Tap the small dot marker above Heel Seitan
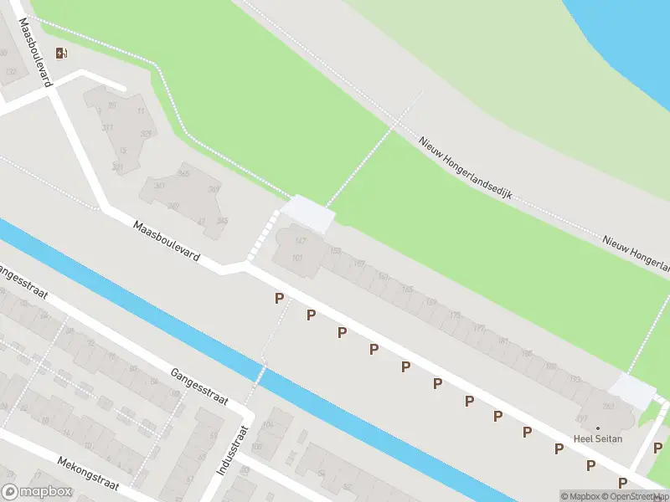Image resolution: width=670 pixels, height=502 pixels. [597, 428]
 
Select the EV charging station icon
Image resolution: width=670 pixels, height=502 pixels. [60, 54]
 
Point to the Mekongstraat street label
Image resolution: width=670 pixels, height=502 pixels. [89, 473]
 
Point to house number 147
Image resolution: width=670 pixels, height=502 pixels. [301, 241]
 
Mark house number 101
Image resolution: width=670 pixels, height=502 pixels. [296, 258]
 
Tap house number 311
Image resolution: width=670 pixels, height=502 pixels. [107, 128]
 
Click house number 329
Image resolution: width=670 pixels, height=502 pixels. [146, 134]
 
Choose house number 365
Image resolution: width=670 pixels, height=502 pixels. [183, 173]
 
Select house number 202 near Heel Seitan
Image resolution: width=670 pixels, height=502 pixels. [607, 407]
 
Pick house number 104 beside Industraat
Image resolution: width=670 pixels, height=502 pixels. [268, 425]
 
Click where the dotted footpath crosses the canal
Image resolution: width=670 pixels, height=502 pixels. [262, 361]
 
